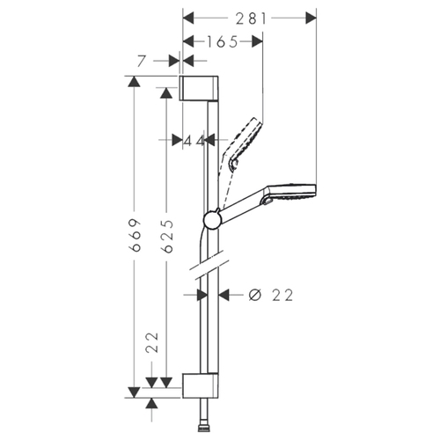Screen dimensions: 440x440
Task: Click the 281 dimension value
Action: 252,18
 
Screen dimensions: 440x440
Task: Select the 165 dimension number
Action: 223,42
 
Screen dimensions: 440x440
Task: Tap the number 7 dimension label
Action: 142,61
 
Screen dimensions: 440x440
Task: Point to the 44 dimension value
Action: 194,142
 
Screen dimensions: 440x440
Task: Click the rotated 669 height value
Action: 135,235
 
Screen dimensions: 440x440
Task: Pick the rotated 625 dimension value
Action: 167,236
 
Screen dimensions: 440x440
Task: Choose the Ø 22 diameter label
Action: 271,295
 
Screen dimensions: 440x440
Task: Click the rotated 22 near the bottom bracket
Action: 152,342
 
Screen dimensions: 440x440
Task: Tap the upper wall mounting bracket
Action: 199,88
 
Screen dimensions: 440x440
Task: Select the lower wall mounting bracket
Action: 201,385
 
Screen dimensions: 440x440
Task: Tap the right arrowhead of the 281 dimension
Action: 311,18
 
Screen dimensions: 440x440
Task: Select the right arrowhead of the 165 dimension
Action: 257,41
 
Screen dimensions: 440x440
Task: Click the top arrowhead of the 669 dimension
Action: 134,82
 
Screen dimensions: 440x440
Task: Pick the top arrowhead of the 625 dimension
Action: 166,93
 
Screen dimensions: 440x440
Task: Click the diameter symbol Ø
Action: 254,295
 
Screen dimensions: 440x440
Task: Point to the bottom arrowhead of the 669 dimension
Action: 134,392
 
